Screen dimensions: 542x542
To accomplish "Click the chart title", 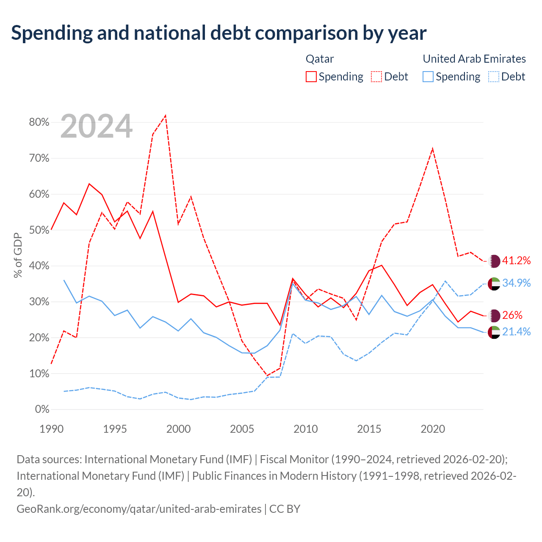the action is (x=218, y=33).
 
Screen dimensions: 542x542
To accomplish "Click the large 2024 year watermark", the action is (x=96, y=126).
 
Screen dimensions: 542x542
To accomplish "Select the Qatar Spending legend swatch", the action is (x=311, y=77).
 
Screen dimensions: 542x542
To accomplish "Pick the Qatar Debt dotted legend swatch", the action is (x=376, y=77).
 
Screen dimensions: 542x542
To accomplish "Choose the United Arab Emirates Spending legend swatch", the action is (x=428, y=77).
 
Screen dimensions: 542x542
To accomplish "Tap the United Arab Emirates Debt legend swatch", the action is (x=493, y=77).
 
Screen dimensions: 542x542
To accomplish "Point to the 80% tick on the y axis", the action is (x=39, y=122).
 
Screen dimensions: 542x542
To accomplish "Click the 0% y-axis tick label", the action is (x=42, y=409).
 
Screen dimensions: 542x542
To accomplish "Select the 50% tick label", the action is (x=39, y=230).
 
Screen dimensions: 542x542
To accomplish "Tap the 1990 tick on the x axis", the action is (x=52, y=429).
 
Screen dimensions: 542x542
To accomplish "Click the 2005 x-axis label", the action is (x=242, y=429).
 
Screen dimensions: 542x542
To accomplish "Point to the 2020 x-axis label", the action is (x=433, y=429).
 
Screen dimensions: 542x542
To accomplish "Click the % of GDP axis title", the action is (x=18, y=255).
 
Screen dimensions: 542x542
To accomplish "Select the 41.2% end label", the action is (x=516, y=260).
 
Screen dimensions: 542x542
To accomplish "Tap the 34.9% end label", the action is (x=516, y=283).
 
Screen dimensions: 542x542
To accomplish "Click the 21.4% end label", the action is (x=516, y=332).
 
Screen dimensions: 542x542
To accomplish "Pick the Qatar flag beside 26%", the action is (x=494, y=315).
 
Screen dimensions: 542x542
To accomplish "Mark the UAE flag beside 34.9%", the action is (x=494, y=284).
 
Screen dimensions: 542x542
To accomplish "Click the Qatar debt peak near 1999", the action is (x=166, y=115).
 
